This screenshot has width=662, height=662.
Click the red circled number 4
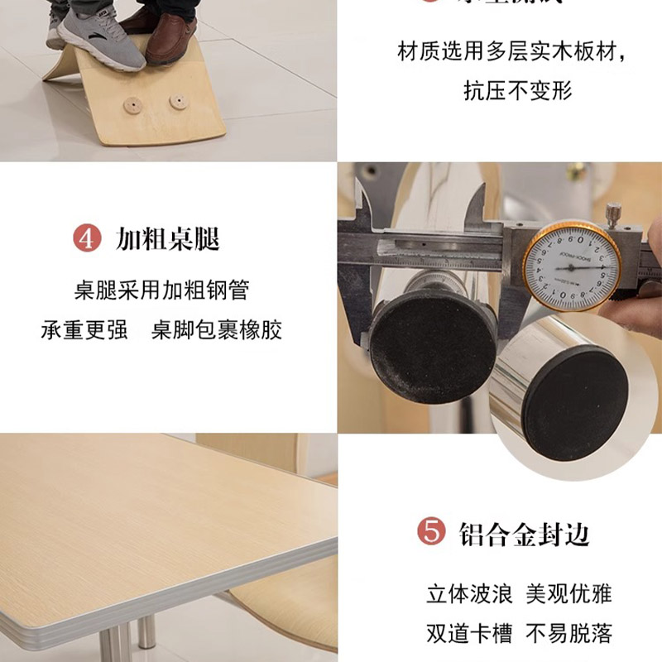tap(87, 239)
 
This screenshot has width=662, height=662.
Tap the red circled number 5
tap(431, 532)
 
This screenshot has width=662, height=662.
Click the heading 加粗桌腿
tap(168, 239)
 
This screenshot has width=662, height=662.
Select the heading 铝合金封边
tap(524, 533)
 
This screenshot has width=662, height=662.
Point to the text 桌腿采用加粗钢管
tap(161, 290)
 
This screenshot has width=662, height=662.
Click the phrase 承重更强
tap(84, 330)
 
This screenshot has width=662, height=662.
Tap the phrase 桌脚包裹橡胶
tap(217, 330)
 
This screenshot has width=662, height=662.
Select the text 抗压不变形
tap(518, 90)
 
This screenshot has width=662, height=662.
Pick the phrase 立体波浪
tap(469, 593)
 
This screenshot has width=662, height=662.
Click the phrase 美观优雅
tap(569, 593)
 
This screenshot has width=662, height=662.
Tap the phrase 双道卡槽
tap(469, 633)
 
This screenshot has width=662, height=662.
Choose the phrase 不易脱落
tap(569, 633)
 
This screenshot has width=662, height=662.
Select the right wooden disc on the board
tap(177, 102)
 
